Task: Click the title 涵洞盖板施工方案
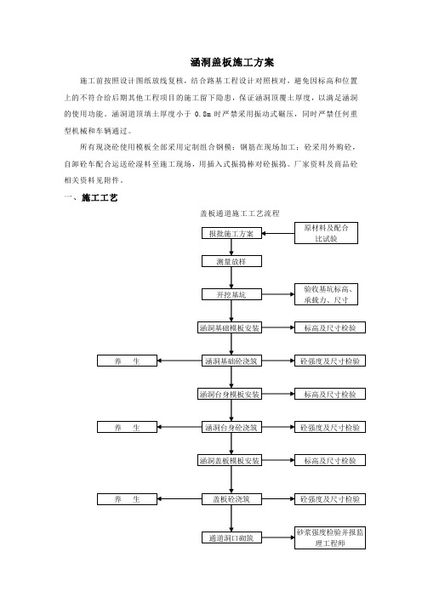coord(232,62)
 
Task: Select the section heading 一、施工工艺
coord(91,197)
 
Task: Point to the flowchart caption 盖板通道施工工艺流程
coord(240,213)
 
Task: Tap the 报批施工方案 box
coord(231,233)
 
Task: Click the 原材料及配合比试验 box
coord(326,233)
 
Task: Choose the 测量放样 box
coord(231,261)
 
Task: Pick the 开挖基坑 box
coord(231,294)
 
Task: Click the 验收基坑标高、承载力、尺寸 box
coord(326,294)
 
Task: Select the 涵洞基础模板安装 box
coord(230,327)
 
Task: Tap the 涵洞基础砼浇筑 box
coord(231,361)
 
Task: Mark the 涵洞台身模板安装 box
coord(230,394)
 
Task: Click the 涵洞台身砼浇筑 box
coord(231,427)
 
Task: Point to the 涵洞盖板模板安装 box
coord(230,461)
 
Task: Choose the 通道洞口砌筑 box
coord(231,537)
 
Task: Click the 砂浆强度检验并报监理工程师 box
coord(330,537)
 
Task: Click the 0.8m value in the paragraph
coord(202,114)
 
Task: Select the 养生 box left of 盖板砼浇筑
coord(128,499)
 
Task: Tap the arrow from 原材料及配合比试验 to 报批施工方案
coord(278,233)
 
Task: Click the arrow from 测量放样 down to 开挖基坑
coord(231,278)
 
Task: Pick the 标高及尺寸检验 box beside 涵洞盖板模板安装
coord(330,460)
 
